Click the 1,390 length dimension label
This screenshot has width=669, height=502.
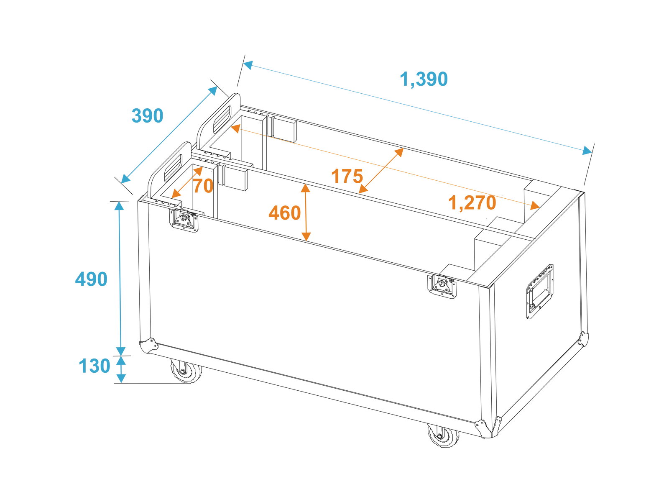[x=423, y=79]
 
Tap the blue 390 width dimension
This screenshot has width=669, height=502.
[x=147, y=116]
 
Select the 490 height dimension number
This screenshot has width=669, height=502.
[x=91, y=279]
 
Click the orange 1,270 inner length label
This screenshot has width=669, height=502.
[x=472, y=203]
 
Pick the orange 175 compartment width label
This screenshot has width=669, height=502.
[x=347, y=176]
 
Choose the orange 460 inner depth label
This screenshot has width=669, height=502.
[x=285, y=213]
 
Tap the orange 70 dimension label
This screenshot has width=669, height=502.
[x=203, y=186]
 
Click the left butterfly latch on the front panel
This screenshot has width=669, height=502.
[x=184, y=220]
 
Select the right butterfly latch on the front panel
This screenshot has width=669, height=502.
[x=442, y=286]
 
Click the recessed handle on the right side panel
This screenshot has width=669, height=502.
[x=539, y=292]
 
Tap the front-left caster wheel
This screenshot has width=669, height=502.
[x=186, y=371]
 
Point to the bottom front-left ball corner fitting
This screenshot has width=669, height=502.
[x=148, y=346]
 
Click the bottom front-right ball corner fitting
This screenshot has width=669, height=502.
[x=488, y=428]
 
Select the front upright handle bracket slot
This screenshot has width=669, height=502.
[x=173, y=168]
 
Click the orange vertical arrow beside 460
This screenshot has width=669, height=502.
[x=306, y=213]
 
